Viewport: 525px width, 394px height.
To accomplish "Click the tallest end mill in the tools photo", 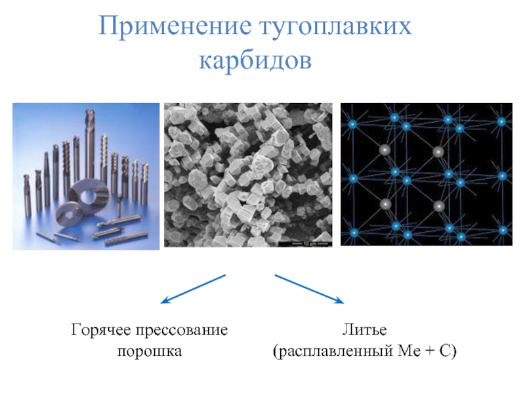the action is tap(89, 151).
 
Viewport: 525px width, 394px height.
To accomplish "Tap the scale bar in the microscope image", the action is tap(306, 244).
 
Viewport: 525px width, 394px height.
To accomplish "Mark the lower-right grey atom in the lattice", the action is tap(438, 206).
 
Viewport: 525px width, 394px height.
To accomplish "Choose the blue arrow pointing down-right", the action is tap(309, 289).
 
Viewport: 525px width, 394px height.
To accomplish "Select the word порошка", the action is tap(149, 352).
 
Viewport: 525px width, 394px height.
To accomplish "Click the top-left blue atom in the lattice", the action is tap(352, 123).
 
